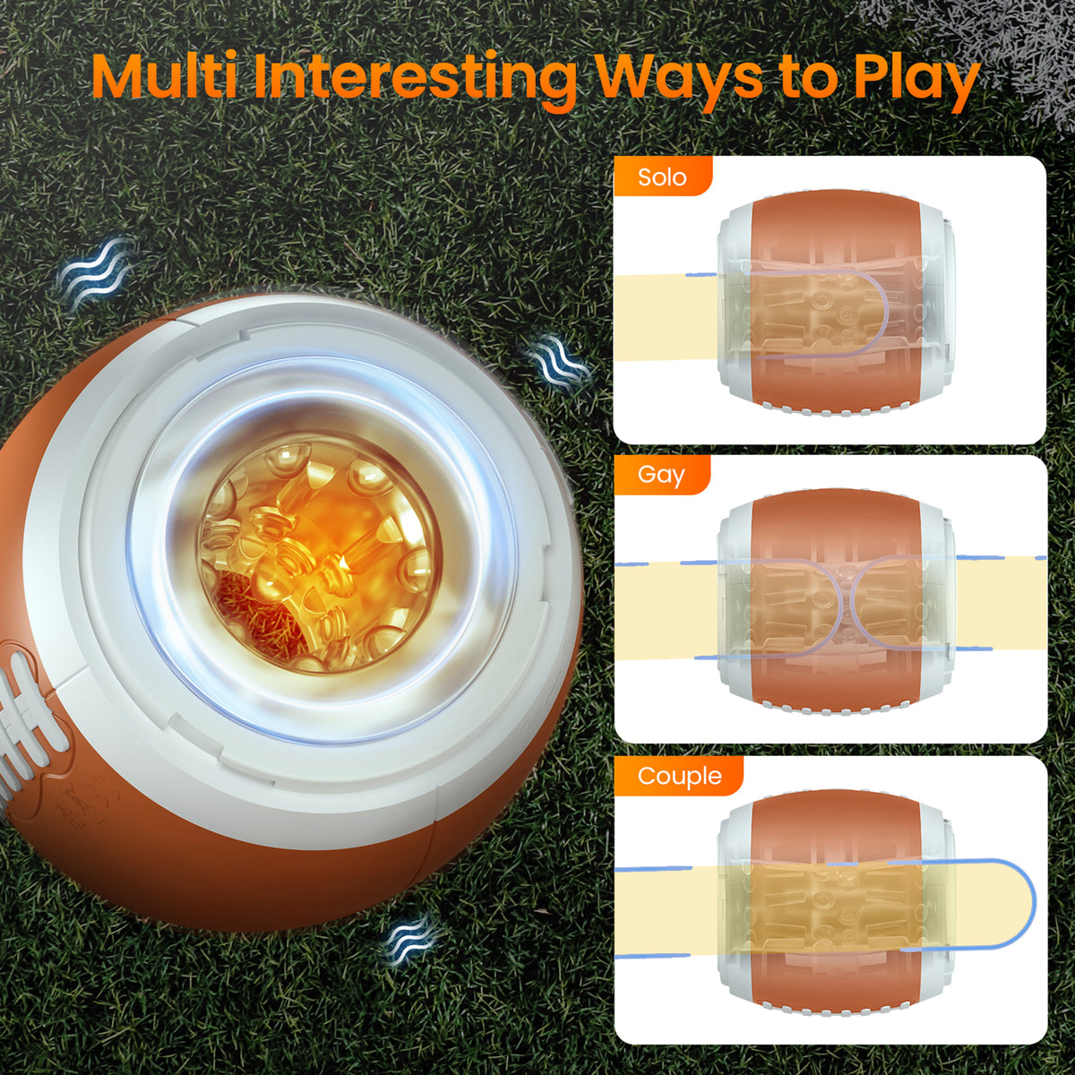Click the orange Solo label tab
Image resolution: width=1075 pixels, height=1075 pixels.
tap(662, 176)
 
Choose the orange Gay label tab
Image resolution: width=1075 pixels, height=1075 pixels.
tap(662, 475)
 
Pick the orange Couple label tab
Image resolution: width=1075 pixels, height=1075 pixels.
tap(679, 776)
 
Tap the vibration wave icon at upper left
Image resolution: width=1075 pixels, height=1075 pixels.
tap(95, 271)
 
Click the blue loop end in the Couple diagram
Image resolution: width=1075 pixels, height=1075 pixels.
tap(1035, 904)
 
